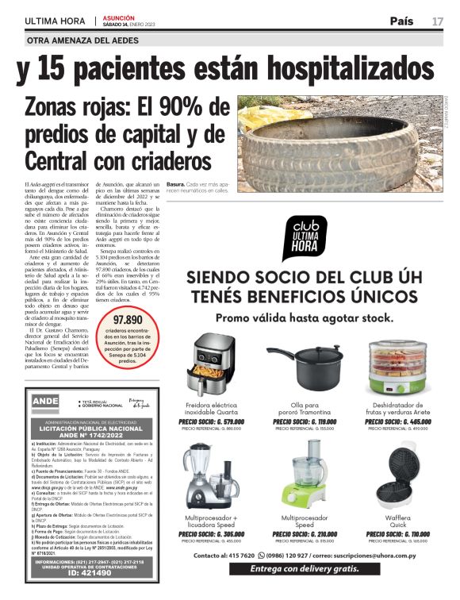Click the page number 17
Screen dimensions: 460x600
click(x=437, y=21)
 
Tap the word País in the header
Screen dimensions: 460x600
click(x=405, y=21)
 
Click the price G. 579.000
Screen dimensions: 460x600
click(x=212, y=421)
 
